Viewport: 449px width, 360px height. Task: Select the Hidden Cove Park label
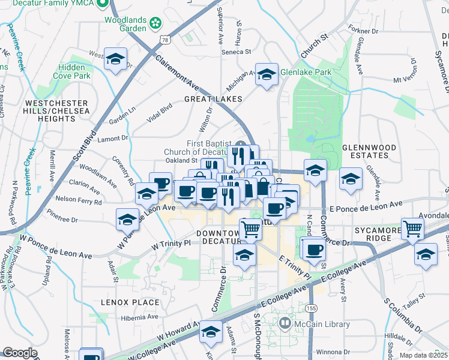coord(72,72)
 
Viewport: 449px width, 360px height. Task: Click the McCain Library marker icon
coord(285,325)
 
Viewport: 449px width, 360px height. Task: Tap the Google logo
coord(20,353)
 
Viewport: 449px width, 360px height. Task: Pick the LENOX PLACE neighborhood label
coord(130,302)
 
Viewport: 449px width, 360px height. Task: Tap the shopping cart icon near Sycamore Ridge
coord(412,228)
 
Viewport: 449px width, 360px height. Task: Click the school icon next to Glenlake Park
coord(267,74)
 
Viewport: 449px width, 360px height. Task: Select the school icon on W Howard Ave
coord(211,332)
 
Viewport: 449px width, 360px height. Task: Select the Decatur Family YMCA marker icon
coord(102,4)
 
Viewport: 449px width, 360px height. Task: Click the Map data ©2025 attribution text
coord(423,355)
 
